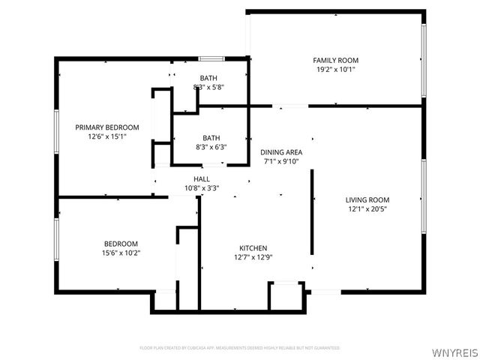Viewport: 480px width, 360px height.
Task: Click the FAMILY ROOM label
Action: click(x=335, y=60)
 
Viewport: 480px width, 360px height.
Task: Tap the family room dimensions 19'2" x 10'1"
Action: click(x=335, y=69)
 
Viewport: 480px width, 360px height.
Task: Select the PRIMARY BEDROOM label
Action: click(x=107, y=127)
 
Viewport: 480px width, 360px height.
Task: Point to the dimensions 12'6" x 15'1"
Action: click(x=107, y=136)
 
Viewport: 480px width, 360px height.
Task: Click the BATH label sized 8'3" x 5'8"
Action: click(x=208, y=78)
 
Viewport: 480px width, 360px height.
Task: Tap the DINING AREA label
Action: click(x=282, y=151)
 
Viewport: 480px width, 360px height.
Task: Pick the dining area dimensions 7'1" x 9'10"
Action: click(x=282, y=160)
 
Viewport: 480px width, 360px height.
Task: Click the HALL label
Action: click(x=202, y=178)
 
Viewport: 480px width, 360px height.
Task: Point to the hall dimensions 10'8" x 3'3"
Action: click(x=202, y=188)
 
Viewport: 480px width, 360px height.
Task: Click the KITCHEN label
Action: click(x=253, y=248)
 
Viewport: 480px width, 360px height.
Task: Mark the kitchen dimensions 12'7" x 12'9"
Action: click(x=253, y=257)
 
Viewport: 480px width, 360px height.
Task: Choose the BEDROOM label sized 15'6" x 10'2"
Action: click(x=121, y=244)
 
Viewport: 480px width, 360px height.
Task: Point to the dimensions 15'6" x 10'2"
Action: click(x=121, y=253)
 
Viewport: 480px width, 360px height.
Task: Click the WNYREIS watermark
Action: click(x=454, y=349)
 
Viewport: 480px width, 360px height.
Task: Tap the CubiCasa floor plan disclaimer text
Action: click(x=240, y=348)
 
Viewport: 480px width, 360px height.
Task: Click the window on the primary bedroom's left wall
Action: click(x=56, y=132)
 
